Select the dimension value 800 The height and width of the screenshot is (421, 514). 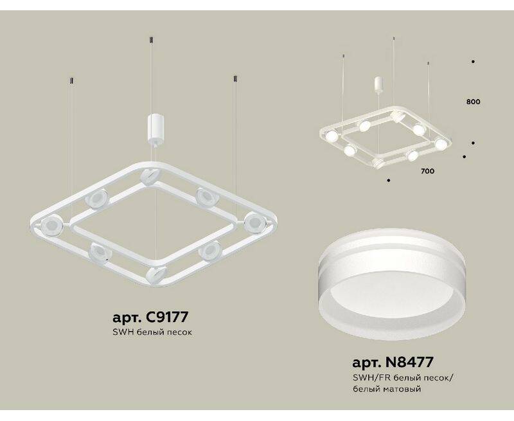coord(473,102)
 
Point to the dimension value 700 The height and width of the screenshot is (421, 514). coord(427,171)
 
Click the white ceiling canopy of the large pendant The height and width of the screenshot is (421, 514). coord(155,128)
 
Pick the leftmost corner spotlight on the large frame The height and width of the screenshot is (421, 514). coord(51,225)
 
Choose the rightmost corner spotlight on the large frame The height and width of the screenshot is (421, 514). coord(254,222)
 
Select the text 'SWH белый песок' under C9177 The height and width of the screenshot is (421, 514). coord(152,332)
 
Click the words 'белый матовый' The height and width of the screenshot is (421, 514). coord(387,389)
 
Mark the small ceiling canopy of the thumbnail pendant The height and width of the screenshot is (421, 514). coord(378,84)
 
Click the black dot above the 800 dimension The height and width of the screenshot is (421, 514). coord(473,62)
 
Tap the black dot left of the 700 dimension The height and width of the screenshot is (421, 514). coord(389,180)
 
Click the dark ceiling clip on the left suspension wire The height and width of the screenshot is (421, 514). coord(72,80)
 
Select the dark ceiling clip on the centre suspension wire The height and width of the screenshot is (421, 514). coord(151,40)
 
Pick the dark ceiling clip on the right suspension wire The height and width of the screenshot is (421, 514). coord(235,79)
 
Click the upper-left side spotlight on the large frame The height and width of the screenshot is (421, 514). coord(95,199)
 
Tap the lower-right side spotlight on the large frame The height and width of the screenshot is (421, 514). coord(210,251)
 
